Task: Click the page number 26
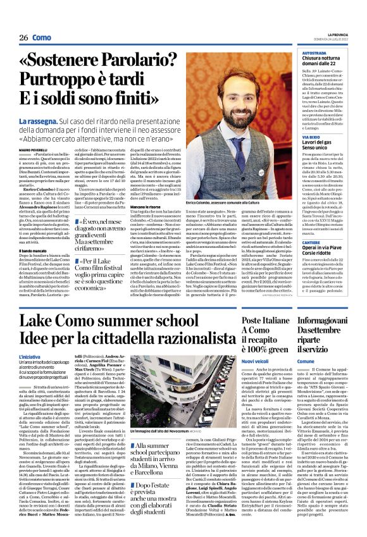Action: (23, 37)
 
